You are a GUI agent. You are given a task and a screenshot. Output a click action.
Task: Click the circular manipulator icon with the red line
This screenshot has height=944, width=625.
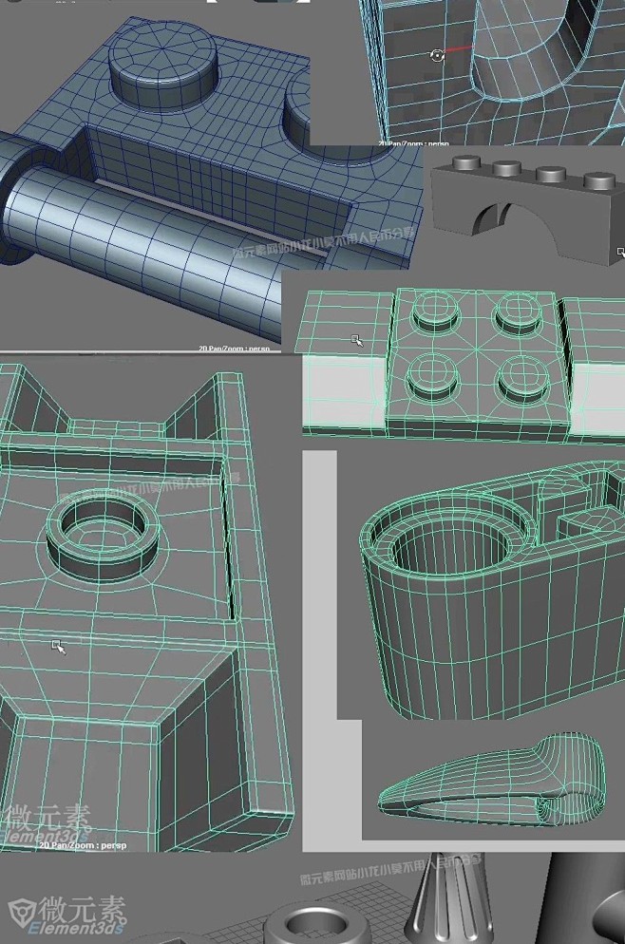437,56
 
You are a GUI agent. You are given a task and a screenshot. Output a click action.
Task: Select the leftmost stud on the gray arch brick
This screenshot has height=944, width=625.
467,163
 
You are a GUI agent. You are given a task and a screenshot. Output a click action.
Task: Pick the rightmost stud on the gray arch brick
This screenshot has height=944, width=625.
598,179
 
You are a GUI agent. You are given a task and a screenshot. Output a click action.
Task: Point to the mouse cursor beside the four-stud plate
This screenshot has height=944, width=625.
357,340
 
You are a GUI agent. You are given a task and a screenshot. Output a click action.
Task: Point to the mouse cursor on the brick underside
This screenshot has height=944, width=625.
58,647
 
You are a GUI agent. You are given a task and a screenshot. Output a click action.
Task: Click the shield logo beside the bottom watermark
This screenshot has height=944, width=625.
25,911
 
